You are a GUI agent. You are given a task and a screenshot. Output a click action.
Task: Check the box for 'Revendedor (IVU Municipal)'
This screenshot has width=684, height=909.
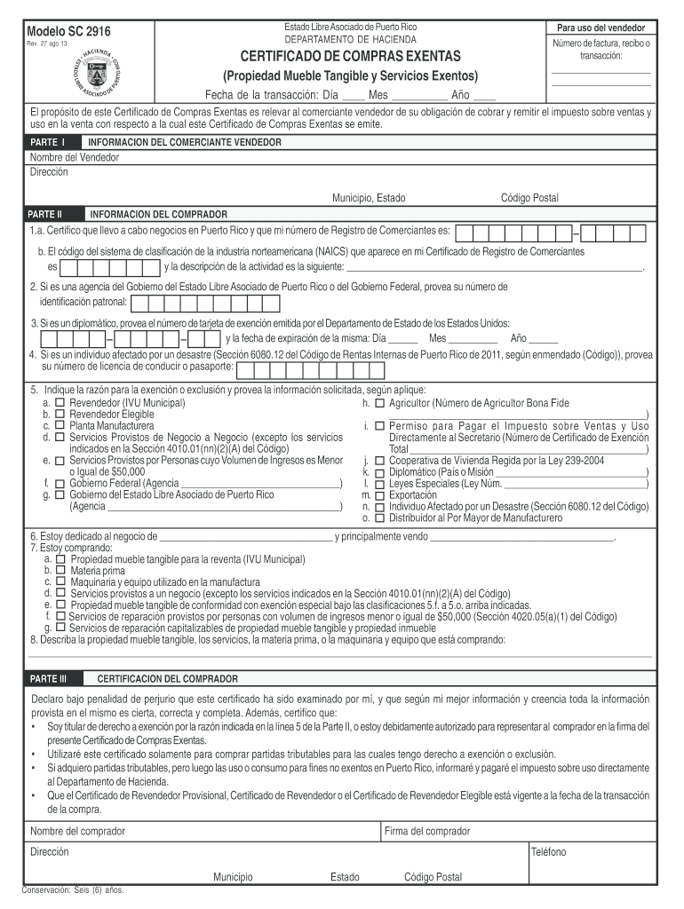(60, 403)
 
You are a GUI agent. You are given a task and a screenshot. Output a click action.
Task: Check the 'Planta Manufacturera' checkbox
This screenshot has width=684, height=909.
(60, 426)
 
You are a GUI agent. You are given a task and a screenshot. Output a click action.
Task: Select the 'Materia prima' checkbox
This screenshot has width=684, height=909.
(60, 571)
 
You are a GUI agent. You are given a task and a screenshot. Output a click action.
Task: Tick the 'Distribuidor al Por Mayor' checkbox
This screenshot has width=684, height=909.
(379, 518)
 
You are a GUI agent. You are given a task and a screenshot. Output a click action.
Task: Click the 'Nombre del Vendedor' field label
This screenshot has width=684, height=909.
(75, 157)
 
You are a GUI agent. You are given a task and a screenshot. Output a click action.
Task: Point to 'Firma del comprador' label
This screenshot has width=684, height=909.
(427, 831)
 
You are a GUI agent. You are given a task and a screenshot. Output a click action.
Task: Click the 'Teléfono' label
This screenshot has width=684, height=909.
(548, 852)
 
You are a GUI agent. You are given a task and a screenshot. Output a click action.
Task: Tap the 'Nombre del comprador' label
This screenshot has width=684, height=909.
(77, 831)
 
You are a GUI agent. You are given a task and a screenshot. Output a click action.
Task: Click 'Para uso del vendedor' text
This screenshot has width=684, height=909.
(600, 28)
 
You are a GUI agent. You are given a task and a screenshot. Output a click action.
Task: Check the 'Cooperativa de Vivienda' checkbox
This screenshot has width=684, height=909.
(379, 461)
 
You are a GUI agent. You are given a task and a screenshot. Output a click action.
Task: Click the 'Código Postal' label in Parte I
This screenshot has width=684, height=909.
(529, 198)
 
